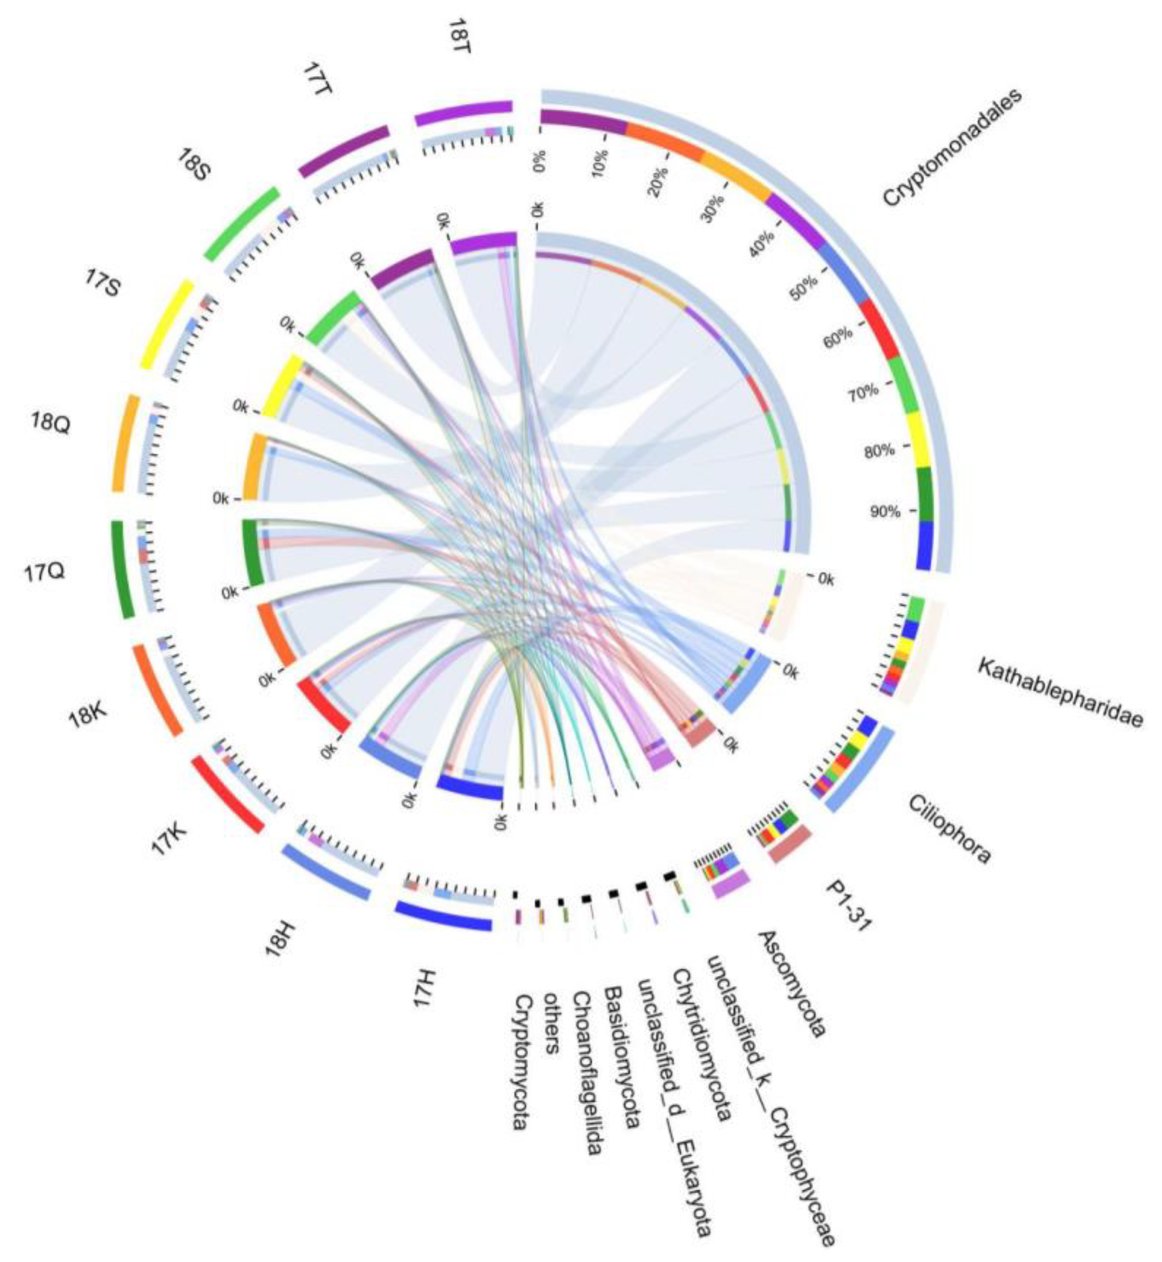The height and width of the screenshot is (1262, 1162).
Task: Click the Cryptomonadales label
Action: tap(952, 147)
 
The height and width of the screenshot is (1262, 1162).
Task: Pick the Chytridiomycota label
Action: tap(702, 1035)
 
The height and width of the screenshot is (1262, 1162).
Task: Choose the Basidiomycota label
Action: tap(622, 1056)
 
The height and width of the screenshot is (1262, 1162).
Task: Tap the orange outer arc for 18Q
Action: tap(125, 443)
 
